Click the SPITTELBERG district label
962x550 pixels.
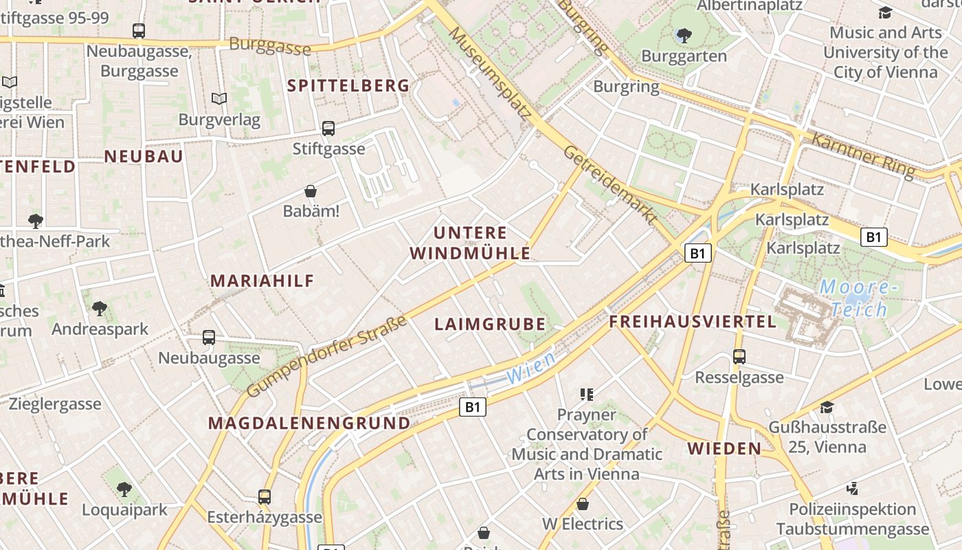[x=348, y=86]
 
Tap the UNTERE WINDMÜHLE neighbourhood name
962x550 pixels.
[x=470, y=243]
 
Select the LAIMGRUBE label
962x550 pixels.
[x=490, y=324]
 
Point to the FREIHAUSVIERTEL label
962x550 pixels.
[x=693, y=322]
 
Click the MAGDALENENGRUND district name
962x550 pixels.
[x=309, y=423]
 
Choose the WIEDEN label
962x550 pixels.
[x=724, y=449]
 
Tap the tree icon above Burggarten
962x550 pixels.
[x=684, y=35]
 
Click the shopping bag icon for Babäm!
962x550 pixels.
[x=311, y=191]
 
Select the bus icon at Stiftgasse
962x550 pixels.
[x=328, y=128]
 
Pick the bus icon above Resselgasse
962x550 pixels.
[x=739, y=357]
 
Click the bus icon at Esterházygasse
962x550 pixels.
[x=265, y=496]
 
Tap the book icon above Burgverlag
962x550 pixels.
[x=219, y=99]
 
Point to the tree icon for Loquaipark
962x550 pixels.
[x=124, y=489]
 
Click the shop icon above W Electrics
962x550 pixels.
[x=583, y=504]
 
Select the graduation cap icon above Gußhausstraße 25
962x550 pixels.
[x=827, y=407]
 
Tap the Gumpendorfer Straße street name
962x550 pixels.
[x=326, y=357]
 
